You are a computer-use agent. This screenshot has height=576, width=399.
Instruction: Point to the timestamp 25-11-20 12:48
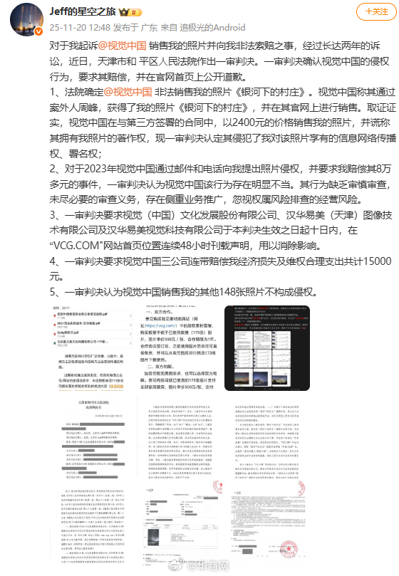pos(69,27)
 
